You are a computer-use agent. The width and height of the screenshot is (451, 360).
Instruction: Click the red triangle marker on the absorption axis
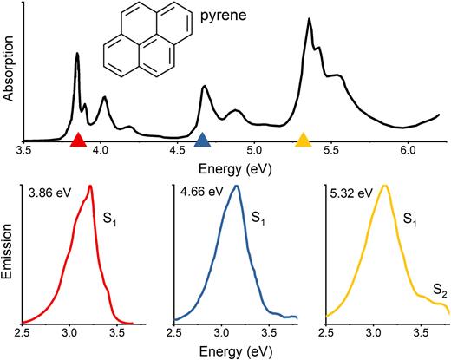(78, 141)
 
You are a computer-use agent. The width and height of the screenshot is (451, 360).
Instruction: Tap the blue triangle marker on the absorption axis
(202, 141)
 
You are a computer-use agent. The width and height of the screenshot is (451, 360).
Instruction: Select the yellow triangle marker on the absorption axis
(304, 141)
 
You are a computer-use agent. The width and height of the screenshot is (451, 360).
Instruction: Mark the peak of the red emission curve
(89, 186)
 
